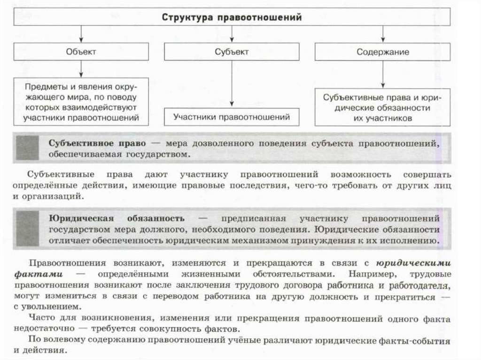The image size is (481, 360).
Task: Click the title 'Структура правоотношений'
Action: coord(232,18)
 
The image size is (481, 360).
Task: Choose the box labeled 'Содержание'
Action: coord(382,52)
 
